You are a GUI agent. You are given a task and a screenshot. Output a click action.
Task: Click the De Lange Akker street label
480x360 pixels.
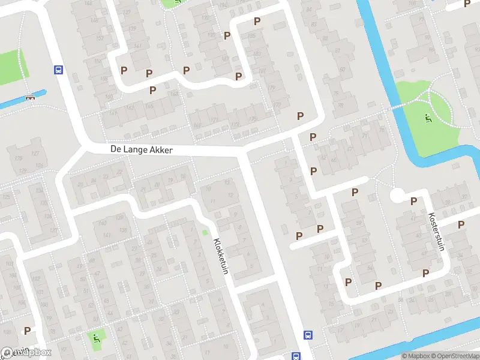tap(142, 150)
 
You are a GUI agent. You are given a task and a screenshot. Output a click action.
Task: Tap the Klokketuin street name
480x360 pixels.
tap(221, 257)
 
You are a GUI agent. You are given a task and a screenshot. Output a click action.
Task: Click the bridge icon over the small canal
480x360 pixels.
tap(30, 98)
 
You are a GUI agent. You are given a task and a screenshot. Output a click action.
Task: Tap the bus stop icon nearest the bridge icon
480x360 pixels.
tap(58, 70)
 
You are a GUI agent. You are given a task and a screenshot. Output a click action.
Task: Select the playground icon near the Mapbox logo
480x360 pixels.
tap(97, 338)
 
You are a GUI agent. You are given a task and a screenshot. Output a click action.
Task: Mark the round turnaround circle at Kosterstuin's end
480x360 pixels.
tap(397, 196)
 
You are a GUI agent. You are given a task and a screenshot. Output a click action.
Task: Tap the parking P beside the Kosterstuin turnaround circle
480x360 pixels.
tap(413, 201)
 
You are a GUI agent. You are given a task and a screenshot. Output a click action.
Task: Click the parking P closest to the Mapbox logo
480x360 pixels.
tap(27, 331)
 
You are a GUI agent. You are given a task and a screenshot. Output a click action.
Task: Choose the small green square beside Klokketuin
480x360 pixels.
tap(205, 232)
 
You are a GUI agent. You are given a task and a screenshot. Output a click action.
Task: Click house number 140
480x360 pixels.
tap(103, 224)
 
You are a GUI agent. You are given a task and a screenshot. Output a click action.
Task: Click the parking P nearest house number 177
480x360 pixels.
tap(300, 116)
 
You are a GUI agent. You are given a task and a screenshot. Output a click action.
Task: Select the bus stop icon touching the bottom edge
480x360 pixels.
tap(296, 356)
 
